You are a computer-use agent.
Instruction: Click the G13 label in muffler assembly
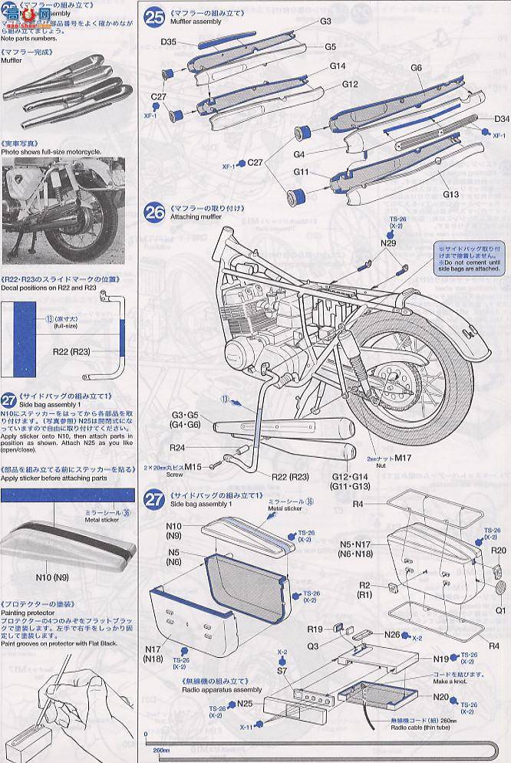click(450, 195)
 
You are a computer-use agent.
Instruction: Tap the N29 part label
click(390, 243)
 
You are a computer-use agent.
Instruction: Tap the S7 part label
click(282, 671)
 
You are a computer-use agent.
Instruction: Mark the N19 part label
click(440, 658)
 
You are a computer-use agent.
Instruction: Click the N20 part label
click(440, 698)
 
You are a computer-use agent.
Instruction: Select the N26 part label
click(392, 634)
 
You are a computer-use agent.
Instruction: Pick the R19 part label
click(314, 629)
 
